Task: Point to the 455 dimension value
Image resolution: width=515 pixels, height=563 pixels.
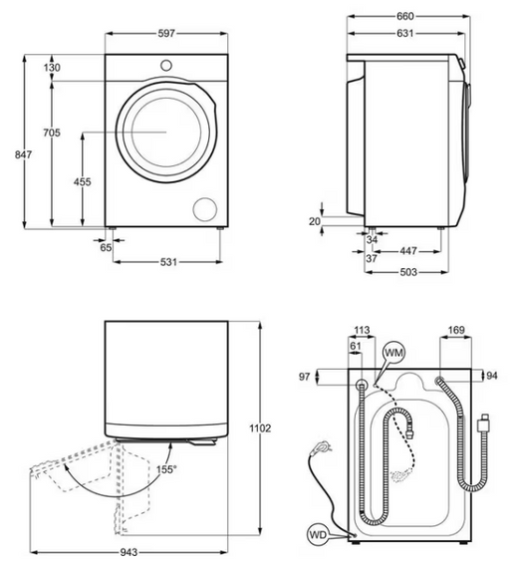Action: [x=83, y=181]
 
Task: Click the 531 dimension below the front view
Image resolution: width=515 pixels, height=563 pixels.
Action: [x=168, y=262]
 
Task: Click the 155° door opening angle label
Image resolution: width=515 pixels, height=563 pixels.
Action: [x=165, y=469]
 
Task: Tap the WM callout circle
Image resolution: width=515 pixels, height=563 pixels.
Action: [x=393, y=353]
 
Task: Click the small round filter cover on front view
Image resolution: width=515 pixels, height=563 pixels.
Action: [x=205, y=207]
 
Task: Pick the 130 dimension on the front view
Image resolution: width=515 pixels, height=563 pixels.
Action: [x=52, y=67]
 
